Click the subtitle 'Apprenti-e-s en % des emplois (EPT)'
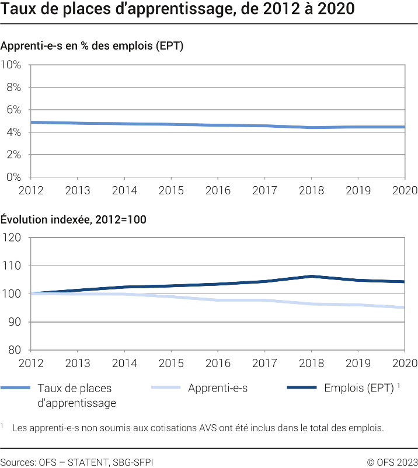92,46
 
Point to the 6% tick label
13,110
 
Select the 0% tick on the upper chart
13,177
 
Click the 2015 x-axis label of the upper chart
171,191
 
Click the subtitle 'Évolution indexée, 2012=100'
74,219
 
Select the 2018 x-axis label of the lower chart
311,364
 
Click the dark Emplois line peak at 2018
311,276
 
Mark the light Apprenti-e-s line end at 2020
404,308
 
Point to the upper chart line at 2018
311,127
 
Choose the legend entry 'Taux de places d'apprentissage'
76,395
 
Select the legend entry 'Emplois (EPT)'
358,388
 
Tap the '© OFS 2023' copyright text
392,462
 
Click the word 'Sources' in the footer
17,462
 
